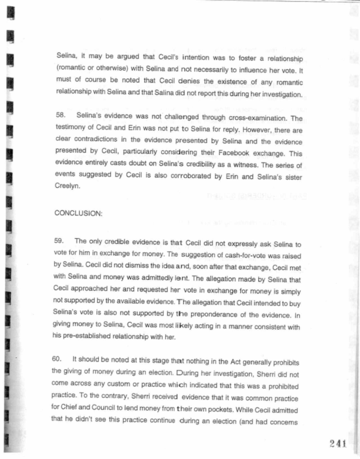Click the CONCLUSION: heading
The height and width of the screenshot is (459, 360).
[78, 213]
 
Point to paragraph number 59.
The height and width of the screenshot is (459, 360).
[62, 240]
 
